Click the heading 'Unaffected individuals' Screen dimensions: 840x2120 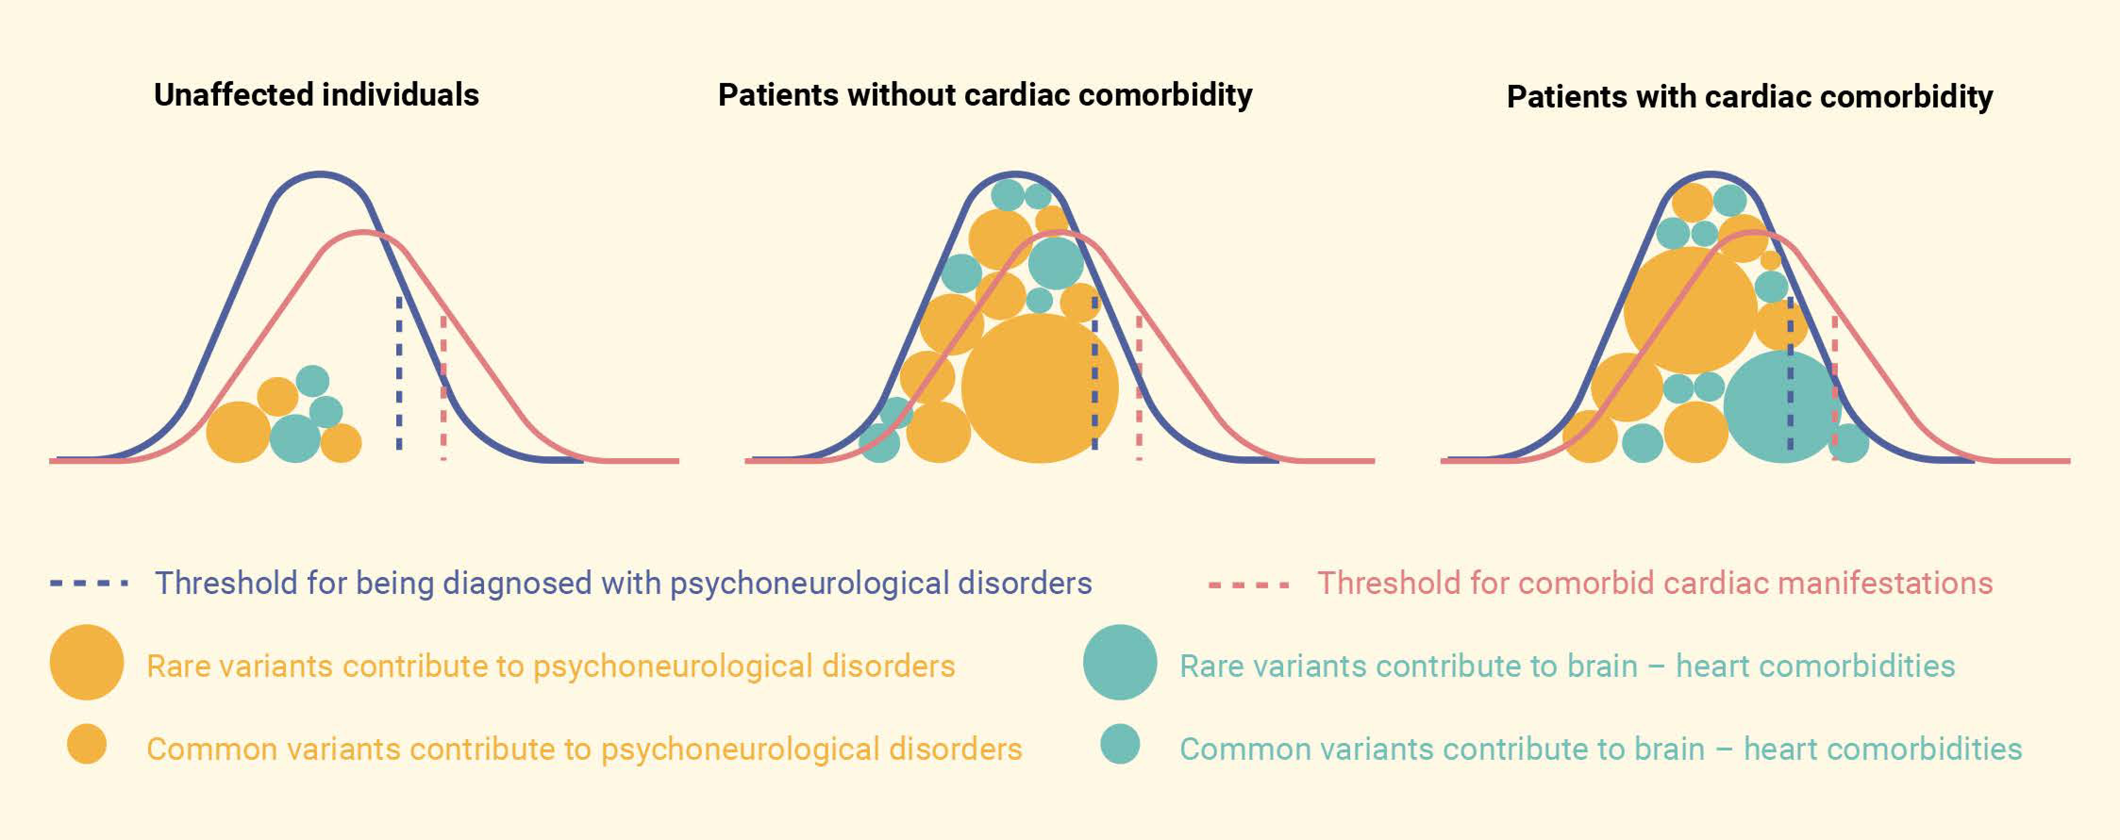tap(316, 95)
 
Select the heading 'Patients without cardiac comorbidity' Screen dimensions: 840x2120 tap(984, 95)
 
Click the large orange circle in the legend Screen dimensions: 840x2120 tap(86, 662)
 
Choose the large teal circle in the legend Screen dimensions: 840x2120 tap(1119, 662)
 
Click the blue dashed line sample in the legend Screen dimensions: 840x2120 tap(89, 583)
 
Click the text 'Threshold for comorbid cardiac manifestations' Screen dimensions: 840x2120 tap(1654, 583)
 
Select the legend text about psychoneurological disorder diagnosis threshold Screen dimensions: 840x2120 tap(623, 583)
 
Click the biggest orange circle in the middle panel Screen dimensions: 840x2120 tap(1039, 388)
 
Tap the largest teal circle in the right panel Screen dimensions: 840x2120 tap(1780, 406)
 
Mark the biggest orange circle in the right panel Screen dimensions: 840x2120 tap(1690, 310)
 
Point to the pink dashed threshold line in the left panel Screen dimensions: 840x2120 tap(443, 387)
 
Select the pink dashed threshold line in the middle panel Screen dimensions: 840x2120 tap(1139, 387)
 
